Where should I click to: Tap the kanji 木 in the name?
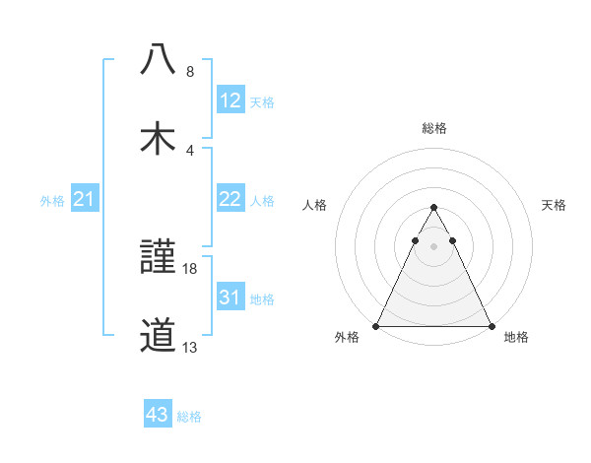(x=158, y=136)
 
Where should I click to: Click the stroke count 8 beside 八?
(x=189, y=72)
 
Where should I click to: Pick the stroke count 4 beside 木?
(x=189, y=150)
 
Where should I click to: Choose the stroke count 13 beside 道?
(x=190, y=348)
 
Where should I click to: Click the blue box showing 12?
(x=230, y=99)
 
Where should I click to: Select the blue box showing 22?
(x=230, y=199)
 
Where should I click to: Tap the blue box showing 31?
(x=230, y=298)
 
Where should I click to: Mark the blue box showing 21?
(x=85, y=199)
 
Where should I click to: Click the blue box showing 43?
(x=158, y=415)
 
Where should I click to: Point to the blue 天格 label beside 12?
(x=262, y=101)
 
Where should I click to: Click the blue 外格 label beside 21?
(x=52, y=201)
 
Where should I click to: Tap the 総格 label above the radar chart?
(x=433, y=128)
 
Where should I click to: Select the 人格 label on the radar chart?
(x=315, y=206)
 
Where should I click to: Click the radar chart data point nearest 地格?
(x=491, y=325)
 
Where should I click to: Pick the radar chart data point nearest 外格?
(x=376, y=325)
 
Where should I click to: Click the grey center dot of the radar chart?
(x=433, y=246)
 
